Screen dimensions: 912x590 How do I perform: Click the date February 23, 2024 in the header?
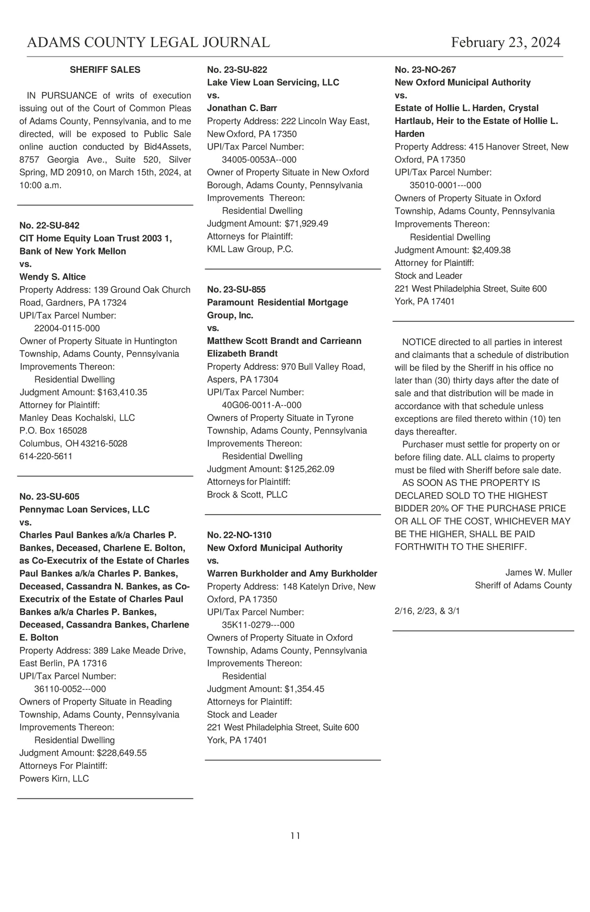(505, 43)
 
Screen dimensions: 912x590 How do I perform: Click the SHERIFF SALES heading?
(105, 70)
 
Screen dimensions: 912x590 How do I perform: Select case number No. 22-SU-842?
(49, 226)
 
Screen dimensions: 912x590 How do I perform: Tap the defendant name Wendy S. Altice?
(53, 277)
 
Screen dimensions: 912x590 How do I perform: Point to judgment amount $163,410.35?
(122, 392)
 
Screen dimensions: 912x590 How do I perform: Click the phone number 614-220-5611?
(46, 456)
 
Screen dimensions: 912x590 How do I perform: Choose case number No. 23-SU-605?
(49, 497)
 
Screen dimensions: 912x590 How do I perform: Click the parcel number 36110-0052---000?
(70, 689)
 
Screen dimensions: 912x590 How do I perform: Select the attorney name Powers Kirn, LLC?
(54, 778)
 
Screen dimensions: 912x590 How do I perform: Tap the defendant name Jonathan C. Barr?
(242, 108)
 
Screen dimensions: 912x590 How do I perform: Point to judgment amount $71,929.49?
(306, 224)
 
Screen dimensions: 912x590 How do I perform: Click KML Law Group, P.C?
(250, 249)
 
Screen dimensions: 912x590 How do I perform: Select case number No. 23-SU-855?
(236, 290)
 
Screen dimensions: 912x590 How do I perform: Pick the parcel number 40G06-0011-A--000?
(262, 405)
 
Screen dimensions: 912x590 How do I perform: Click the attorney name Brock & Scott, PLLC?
(247, 495)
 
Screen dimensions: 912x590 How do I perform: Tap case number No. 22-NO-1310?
(239, 535)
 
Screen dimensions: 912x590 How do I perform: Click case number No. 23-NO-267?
(425, 70)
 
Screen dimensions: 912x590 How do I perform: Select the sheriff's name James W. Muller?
(538, 572)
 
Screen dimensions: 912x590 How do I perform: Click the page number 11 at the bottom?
(295, 836)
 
